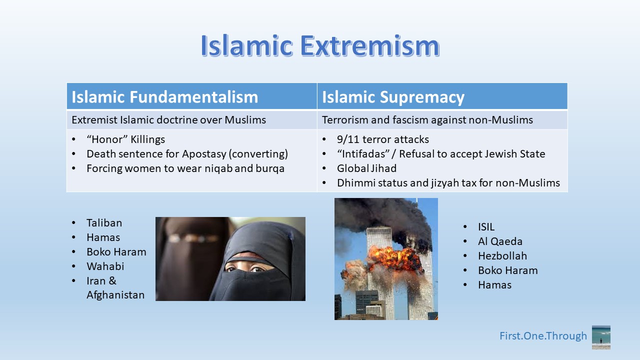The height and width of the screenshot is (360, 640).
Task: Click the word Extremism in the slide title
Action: coord(369,45)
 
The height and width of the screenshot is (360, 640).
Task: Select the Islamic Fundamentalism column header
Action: coord(165,97)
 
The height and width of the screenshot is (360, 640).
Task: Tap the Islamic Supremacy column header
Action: coord(393,97)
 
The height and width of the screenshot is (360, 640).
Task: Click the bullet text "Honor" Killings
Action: coord(125,139)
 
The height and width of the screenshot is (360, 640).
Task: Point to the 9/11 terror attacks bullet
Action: coord(383,139)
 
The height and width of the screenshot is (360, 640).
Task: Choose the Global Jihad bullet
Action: coord(366,168)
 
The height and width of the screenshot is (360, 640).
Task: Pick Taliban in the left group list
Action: coord(104,223)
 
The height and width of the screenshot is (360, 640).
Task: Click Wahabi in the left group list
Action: coord(105,266)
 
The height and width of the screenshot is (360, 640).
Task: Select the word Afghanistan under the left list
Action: coord(115,295)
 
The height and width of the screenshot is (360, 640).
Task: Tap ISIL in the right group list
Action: coord(486,227)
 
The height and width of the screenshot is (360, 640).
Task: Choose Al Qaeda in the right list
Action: coord(500,241)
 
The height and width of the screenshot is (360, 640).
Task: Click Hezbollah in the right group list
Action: coord(502,256)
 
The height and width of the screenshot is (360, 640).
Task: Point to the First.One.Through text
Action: coord(543,336)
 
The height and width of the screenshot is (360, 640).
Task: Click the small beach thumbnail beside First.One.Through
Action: coord(601,337)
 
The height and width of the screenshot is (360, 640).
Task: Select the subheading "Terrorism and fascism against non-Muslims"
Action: coord(427,120)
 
